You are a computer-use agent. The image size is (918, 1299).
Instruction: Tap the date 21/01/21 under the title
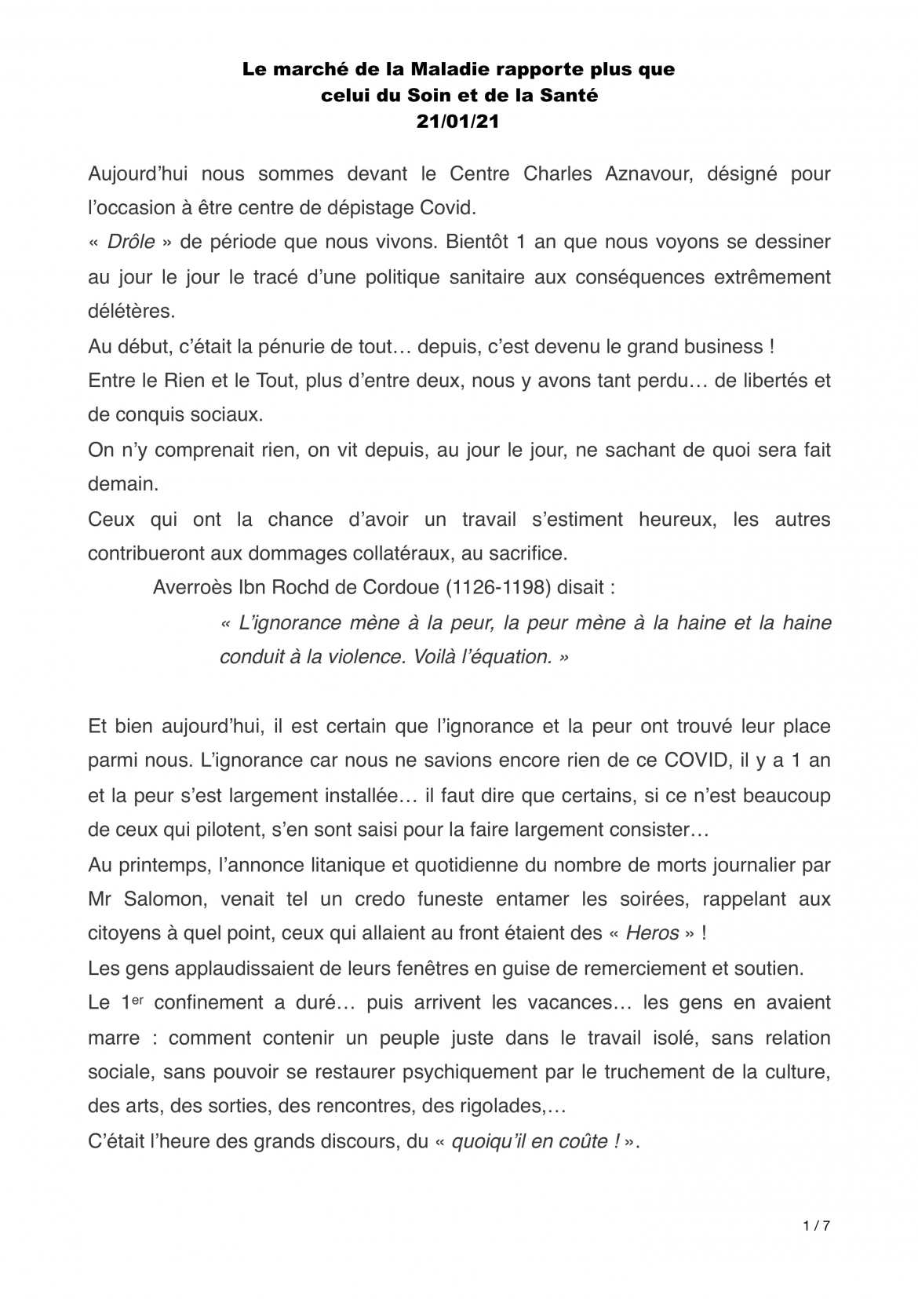[458, 122]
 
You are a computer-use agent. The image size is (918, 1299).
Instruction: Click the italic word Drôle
[130, 242]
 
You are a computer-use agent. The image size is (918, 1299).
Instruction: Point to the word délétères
[131, 311]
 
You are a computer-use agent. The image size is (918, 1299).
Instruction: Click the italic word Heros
[653, 933]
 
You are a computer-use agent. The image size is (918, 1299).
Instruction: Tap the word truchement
[642, 1071]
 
